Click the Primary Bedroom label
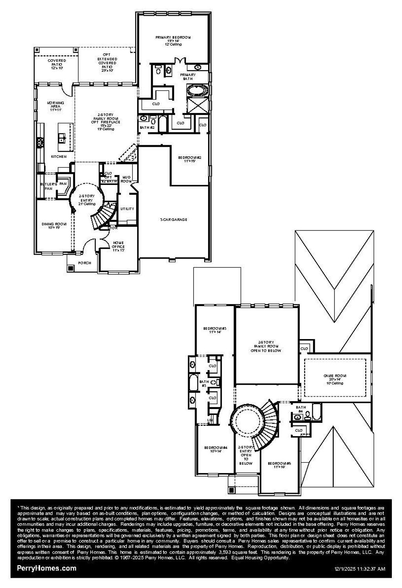(x=173, y=38)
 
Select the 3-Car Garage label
(x=173, y=220)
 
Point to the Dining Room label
(x=54, y=224)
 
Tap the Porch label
(x=85, y=263)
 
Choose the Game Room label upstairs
(x=335, y=376)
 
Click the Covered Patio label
(x=57, y=61)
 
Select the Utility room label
(x=127, y=209)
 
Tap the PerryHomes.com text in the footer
(x=46, y=568)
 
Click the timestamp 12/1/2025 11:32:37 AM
(x=360, y=569)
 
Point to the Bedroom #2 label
(x=190, y=159)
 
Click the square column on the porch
(x=71, y=268)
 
